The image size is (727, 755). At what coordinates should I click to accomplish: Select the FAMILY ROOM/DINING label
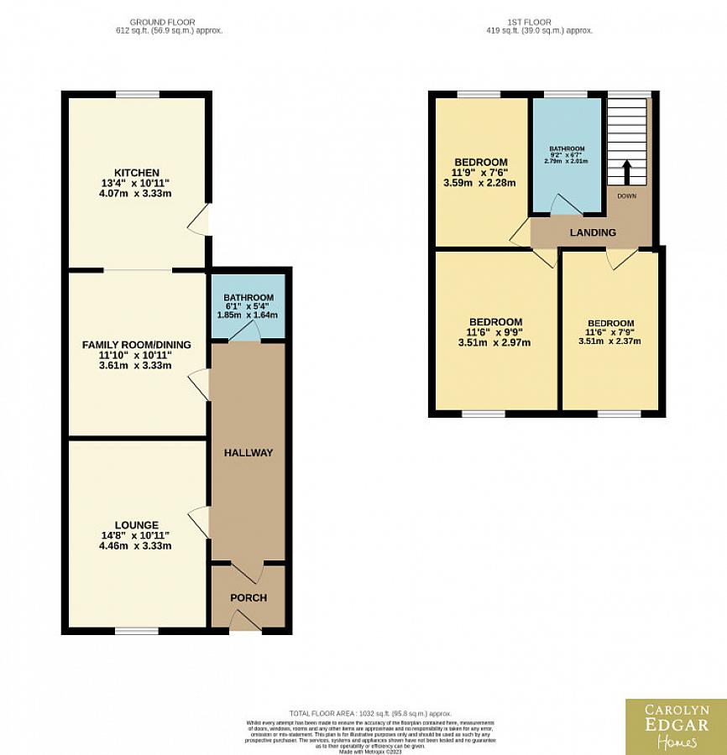tap(136, 345)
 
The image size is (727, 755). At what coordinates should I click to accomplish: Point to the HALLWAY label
tap(248, 453)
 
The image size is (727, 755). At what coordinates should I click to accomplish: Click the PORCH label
tap(248, 598)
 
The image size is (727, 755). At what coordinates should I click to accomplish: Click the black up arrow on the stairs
tap(626, 174)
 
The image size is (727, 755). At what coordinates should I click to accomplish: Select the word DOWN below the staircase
tap(627, 195)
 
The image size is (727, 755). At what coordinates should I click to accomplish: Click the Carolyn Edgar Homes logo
tap(676, 726)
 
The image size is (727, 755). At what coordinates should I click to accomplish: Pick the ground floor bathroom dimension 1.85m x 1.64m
tap(248, 315)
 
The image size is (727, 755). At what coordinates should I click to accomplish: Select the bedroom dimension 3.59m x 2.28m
tap(480, 183)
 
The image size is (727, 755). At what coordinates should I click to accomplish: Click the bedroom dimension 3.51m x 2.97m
tap(495, 342)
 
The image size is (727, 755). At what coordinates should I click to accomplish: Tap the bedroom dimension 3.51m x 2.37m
tap(610, 341)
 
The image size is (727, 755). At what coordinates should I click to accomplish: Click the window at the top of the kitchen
tap(138, 93)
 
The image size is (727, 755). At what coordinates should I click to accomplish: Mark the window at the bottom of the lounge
tap(137, 630)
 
